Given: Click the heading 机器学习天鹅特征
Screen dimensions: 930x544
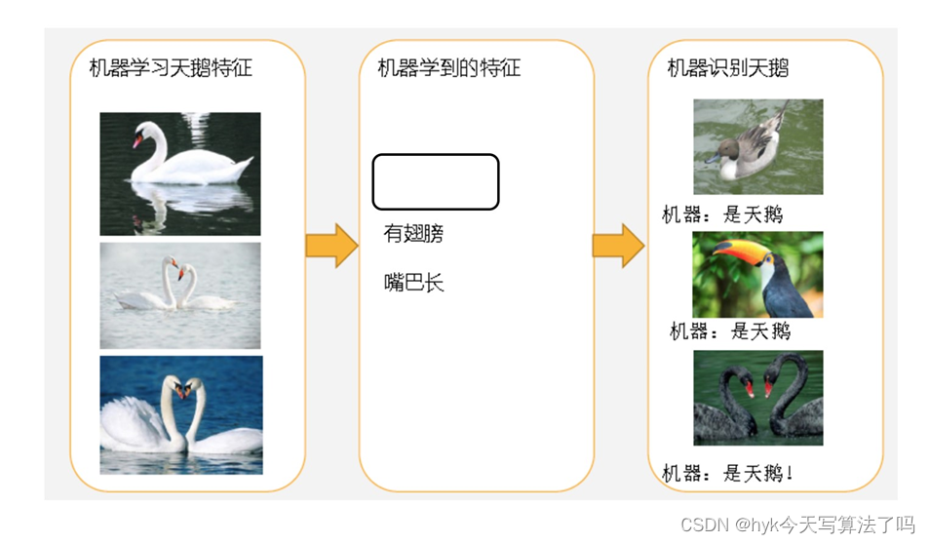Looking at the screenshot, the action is click(171, 67).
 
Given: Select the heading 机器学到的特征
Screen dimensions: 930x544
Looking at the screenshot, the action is click(449, 67).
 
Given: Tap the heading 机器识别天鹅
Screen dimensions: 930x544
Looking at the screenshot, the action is click(727, 67).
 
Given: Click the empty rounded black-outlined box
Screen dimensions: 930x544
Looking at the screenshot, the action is click(436, 181).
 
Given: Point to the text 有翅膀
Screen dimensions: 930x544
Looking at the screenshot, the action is click(413, 234).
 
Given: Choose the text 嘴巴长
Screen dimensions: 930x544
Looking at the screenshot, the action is click(413, 284).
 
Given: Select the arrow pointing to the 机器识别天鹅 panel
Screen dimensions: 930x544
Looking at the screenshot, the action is click(618, 245).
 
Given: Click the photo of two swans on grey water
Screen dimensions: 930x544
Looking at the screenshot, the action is click(180, 294).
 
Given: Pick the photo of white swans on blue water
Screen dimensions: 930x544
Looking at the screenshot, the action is click(180, 414).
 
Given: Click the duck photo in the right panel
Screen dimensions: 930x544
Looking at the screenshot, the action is click(757, 146).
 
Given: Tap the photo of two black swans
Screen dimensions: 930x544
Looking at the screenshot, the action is click(757, 398).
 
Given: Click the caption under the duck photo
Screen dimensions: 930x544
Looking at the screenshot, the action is click(722, 214).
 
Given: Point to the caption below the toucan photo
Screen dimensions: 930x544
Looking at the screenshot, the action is click(730, 331).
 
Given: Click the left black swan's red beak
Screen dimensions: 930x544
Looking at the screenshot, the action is click(748, 388).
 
